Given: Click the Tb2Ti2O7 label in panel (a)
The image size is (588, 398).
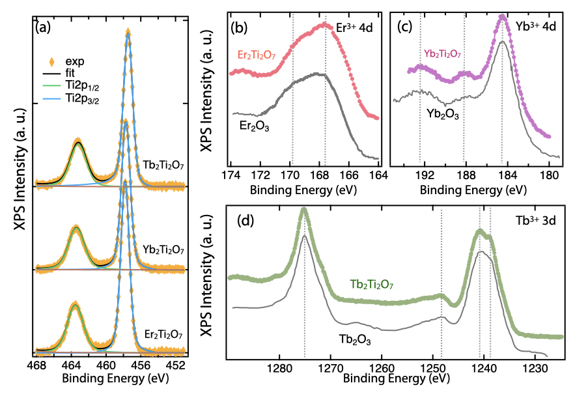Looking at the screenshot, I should (163, 166).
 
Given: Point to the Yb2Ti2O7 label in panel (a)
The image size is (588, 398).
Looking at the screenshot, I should (163, 249).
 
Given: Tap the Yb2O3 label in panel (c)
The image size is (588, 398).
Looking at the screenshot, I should (443, 113).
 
